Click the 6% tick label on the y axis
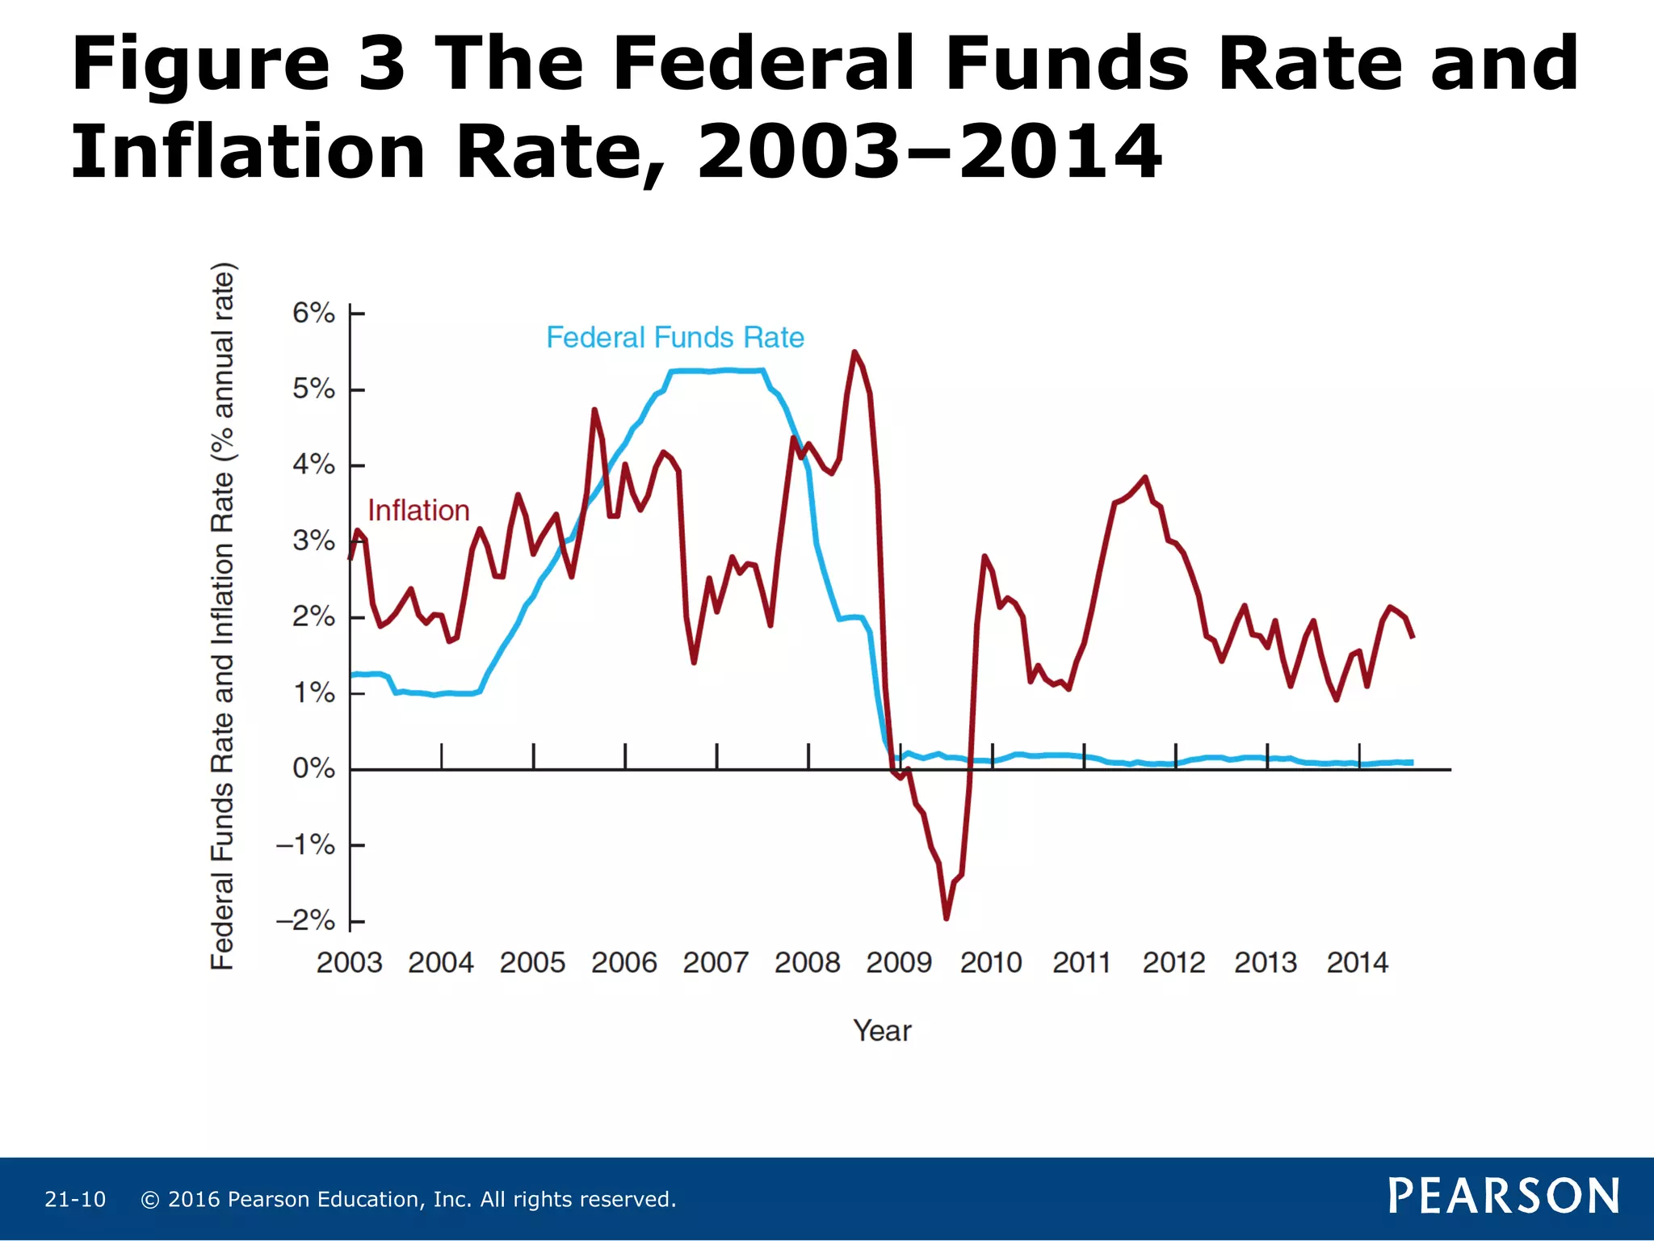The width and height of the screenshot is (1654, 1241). pos(313,313)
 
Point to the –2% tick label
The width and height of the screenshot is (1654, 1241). pos(305,920)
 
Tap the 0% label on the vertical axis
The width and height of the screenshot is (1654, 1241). pos(313,768)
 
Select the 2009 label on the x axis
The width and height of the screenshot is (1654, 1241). pos(899,962)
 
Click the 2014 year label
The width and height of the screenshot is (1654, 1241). pos(1357,962)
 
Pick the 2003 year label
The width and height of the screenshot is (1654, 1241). pos(349,962)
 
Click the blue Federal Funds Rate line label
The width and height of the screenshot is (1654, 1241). pos(675,338)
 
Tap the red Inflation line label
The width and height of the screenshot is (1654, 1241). pos(418,511)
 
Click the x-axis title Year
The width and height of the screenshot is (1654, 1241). pos(882,1031)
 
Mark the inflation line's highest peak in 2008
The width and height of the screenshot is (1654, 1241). pos(854,352)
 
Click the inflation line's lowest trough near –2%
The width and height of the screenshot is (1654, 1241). pos(946,918)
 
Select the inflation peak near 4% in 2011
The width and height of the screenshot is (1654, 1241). pos(1144,477)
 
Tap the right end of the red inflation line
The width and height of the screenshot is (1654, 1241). pos(1413,637)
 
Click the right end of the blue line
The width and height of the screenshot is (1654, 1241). pos(1412,763)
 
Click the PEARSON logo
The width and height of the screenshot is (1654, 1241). pos(1503,1196)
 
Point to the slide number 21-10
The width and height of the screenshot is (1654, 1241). pos(75,1199)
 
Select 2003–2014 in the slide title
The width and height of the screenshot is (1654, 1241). pos(929,152)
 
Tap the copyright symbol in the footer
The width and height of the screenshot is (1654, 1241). pos(150,1200)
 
